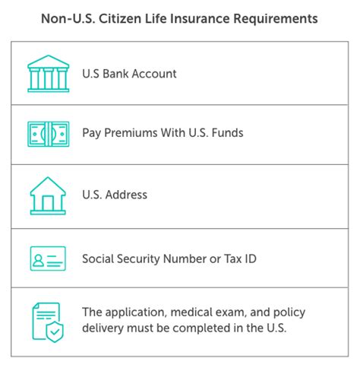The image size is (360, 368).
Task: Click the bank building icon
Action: click(48, 74)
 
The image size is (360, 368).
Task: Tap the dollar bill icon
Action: click(48, 134)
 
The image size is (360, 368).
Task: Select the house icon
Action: click(48, 196)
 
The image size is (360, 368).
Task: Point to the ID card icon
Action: click(48, 259)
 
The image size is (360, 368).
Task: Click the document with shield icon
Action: click(48, 322)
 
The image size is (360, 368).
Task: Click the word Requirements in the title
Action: click(275, 19)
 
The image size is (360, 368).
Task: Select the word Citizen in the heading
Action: click(120, 18)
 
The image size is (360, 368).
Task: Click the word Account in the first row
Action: click(154, 74)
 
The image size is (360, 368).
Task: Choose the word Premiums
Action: click(131, 133)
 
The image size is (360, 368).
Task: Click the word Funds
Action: click(227, 133)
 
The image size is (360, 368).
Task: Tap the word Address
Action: click(126, 195)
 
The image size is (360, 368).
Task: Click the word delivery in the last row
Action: click(103, 328)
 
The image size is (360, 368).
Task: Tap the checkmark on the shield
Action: click(55, 332)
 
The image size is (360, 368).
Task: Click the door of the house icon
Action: click(48, 203)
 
